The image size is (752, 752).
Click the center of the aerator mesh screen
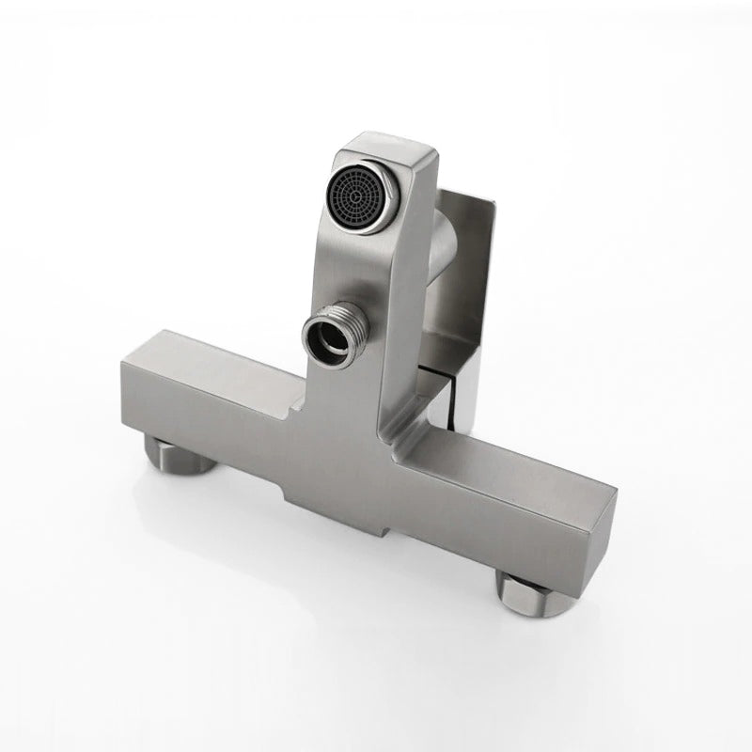click(364, 191)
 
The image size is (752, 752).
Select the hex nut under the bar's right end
click(531, 592)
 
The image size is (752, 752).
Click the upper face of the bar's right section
click(498, 461)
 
